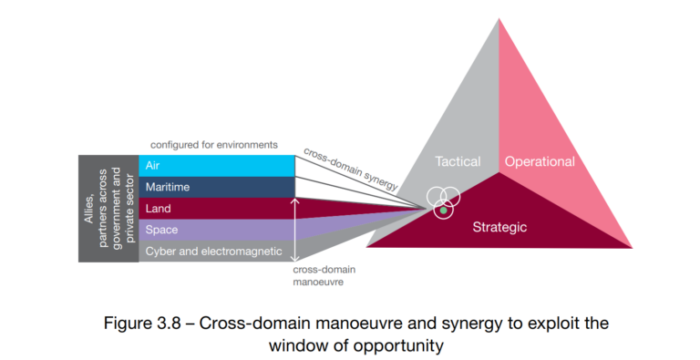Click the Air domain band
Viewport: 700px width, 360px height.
click(219, 165)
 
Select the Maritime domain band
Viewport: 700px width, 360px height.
click(219, 187)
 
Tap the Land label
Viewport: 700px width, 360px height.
click(160, 209)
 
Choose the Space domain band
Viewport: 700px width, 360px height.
click(219, 230)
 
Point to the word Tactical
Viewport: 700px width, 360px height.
click(457, 161)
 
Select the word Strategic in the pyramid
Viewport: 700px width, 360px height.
click(499, 227)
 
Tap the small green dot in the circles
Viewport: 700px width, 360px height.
click(443, 211)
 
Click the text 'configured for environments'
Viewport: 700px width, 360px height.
click(214, 145)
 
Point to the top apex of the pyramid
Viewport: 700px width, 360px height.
click(499, 19)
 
